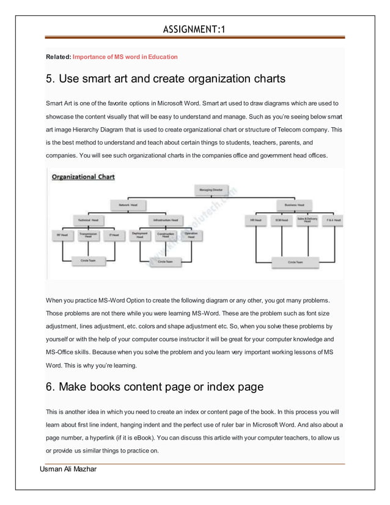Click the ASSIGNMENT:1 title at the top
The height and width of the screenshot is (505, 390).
194,29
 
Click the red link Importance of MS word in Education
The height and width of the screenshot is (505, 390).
125,57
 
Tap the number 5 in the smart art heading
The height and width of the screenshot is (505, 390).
50,79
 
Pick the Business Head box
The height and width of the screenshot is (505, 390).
295,204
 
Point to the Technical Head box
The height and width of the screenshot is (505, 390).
87,219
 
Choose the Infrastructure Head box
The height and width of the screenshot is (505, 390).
166,219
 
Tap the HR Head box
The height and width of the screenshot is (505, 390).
256,219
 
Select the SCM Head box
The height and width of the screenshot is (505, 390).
282,219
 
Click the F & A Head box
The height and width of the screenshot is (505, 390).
333,219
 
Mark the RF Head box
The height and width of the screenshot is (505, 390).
62,234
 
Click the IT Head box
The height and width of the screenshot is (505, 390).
114,234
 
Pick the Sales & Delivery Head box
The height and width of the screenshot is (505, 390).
307,219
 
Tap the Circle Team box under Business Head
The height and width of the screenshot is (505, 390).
295,262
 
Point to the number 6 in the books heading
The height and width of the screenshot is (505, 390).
50,387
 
